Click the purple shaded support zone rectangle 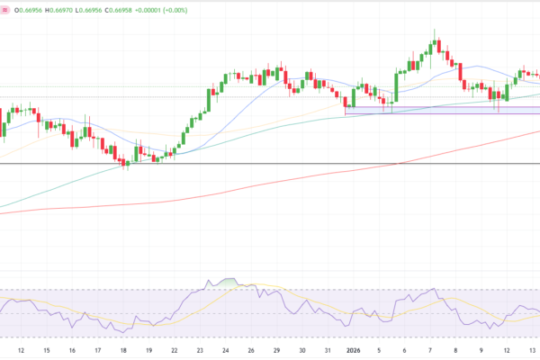[441, 110]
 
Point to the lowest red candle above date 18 [125, 162]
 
